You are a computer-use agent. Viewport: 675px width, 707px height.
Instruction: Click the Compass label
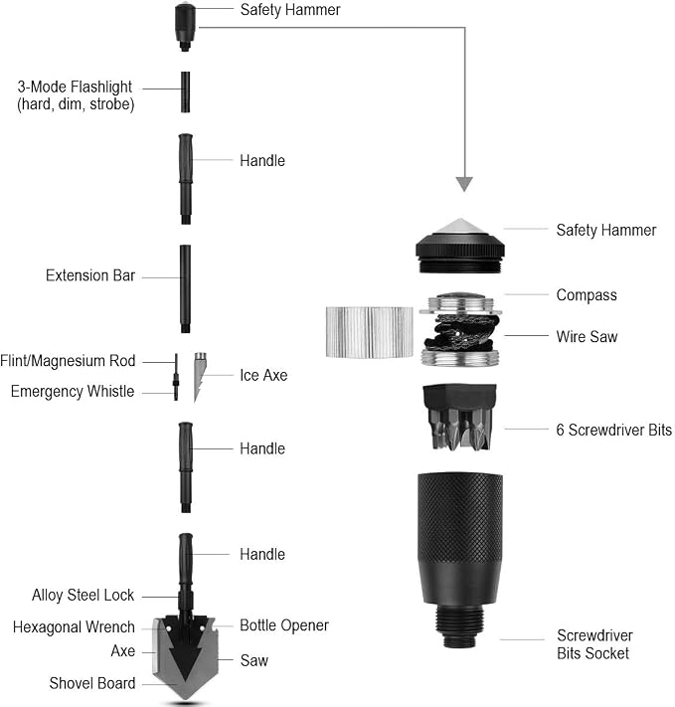[x=587, y=295]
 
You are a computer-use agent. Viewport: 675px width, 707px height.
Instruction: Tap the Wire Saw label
[x=587, y=336]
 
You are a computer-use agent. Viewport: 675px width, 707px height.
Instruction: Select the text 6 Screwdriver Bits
[x=613, y=430]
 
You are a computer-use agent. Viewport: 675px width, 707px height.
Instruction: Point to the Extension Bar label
[x=90, y=275]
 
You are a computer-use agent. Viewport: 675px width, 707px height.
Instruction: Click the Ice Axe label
[x=263, y=375]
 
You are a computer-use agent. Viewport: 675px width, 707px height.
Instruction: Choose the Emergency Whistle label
[x=73, y=392]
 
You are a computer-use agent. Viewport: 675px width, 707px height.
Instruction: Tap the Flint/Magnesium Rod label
[x=68, y=361]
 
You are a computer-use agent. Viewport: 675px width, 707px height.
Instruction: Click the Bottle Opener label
[x=284, y=625]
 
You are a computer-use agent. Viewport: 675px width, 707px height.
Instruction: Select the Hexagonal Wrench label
[x=74, y=627]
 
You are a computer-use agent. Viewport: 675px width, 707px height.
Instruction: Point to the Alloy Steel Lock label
[x=83, y=596]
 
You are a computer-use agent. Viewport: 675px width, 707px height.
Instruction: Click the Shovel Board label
[x=92, y=683]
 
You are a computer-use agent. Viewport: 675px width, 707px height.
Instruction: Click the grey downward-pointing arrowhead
[x=464, y=183]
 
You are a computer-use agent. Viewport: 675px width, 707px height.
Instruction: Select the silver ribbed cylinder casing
[x=369, y=332]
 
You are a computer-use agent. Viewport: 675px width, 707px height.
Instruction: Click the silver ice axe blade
[x=199, y=376]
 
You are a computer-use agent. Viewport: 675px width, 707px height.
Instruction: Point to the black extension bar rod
[x=185, y=289]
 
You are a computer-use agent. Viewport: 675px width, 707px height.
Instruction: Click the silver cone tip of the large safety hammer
[x=460, y=227]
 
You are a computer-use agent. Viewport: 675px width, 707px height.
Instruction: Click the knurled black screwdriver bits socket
[x=460, y=559]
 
